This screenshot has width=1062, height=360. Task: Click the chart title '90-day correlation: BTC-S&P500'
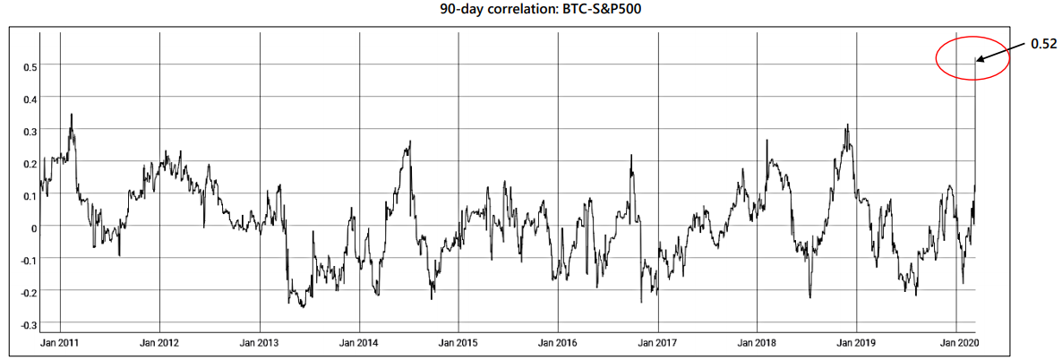click(532, 11)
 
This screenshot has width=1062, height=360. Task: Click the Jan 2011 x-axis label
click(60, 343)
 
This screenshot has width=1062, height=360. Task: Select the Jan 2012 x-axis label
click(159, 343)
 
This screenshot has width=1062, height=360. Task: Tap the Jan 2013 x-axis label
click(260, 343)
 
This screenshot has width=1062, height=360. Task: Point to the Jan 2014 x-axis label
click(359, 343)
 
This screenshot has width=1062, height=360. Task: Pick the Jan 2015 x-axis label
click(458, 343)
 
